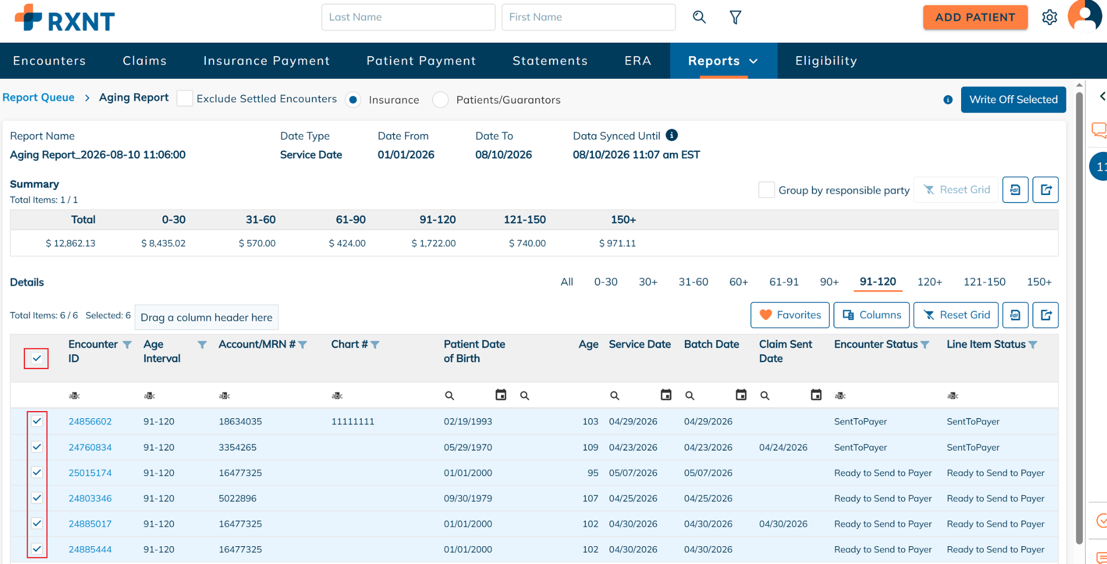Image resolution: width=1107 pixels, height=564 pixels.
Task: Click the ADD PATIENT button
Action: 975,17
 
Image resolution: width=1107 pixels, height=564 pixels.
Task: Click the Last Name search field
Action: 408,17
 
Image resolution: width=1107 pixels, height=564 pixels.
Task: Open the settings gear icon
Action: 1049,17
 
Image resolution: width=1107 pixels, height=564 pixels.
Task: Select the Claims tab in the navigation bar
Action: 144,61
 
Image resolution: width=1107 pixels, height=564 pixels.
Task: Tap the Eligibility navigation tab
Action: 826,61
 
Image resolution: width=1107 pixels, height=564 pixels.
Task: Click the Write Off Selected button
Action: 1013,99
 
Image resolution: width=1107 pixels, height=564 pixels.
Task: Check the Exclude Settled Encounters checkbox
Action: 185,99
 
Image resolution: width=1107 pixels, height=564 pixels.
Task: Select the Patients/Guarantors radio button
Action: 441,100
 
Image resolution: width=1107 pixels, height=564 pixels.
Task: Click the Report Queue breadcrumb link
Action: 38,98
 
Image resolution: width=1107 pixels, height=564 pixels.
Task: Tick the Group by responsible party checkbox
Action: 766,190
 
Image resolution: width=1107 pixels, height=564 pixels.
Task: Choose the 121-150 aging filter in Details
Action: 984,282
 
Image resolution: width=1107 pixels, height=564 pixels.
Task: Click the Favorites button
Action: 790,315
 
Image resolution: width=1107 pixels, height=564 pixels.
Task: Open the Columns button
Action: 871,315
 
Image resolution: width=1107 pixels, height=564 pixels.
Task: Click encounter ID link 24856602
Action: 90,421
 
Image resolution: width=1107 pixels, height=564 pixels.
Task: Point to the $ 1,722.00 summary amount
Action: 434,243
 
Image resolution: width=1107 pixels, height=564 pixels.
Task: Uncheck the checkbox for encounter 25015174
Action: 37,472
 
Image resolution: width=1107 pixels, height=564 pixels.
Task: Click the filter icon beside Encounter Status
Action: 925,345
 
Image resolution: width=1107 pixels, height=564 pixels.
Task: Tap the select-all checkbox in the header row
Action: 37,358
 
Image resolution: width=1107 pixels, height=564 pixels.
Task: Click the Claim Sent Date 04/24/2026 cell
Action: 783,447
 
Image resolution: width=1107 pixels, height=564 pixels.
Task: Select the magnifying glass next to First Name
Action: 699,17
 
